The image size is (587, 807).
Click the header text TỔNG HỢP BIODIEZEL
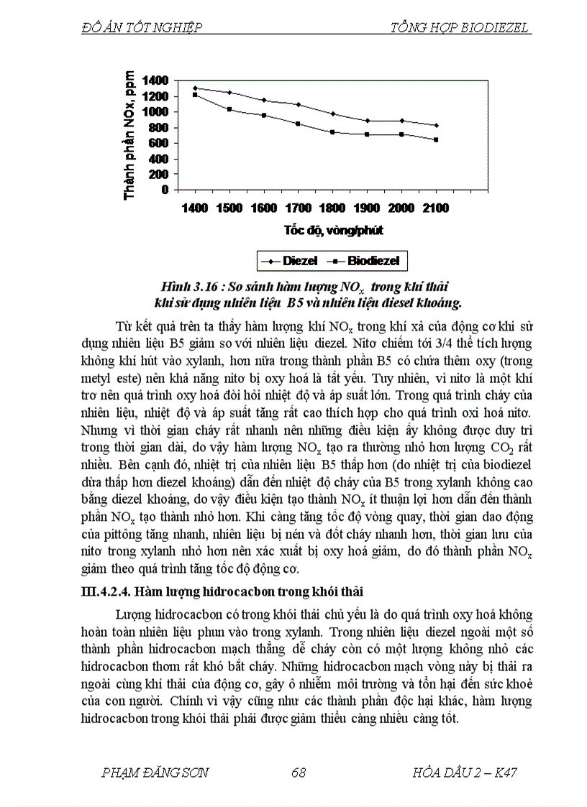click(460, 28)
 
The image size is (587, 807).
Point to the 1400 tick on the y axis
click(155, 80)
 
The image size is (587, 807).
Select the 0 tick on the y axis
click(165, 190)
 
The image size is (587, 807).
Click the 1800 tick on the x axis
click(332, 208)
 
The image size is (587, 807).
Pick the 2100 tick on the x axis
click(435, 208)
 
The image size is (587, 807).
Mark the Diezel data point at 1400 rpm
click(195, 88)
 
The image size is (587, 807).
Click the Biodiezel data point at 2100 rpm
click(435, 139)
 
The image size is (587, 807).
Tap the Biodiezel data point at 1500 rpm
click(229, 109)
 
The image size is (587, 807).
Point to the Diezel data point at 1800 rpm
click(332, 114)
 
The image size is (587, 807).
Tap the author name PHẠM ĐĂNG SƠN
click(155, 773)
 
